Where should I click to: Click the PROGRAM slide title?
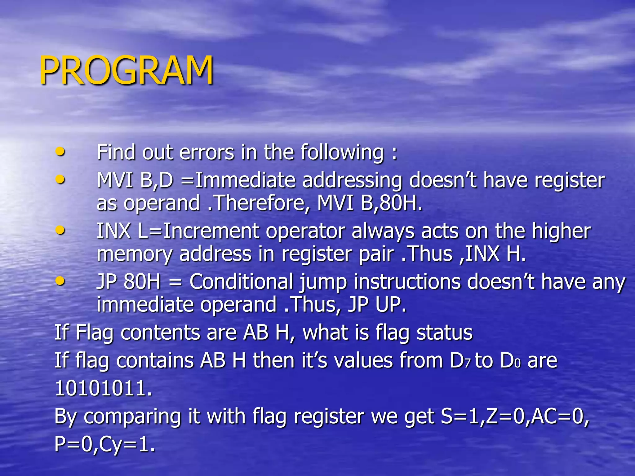127,70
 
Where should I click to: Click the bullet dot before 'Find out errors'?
60,152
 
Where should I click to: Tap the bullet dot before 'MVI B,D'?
60,179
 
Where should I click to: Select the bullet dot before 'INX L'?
60,230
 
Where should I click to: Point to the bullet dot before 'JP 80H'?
60,281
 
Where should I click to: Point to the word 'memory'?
134,254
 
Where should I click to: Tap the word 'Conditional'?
241,282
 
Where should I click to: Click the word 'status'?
444,333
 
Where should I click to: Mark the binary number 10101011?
103,388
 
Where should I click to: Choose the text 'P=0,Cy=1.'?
104,444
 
